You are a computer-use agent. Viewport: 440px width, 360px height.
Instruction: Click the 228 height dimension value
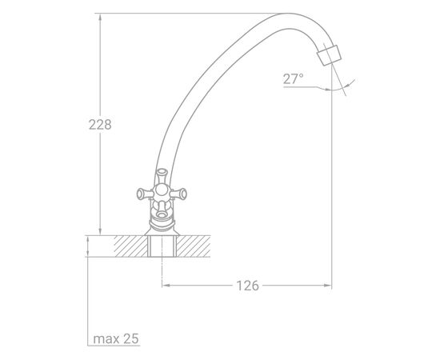point(100,125)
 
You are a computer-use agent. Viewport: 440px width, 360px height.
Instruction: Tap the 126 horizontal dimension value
point(247,286)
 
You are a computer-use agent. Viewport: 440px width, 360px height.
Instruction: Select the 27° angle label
point(294,79)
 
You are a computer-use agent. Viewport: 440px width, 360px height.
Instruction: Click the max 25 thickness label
point(116,338)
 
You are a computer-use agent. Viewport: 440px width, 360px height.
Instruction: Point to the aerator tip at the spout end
point(329,55)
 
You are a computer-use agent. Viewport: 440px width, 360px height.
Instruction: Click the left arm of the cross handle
point(145,194)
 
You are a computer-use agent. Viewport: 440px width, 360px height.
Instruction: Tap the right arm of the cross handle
point(178,194)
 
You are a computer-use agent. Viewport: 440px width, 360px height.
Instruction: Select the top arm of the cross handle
point(162,176)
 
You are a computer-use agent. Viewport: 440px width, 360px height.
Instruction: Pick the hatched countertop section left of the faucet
point(130,246)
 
